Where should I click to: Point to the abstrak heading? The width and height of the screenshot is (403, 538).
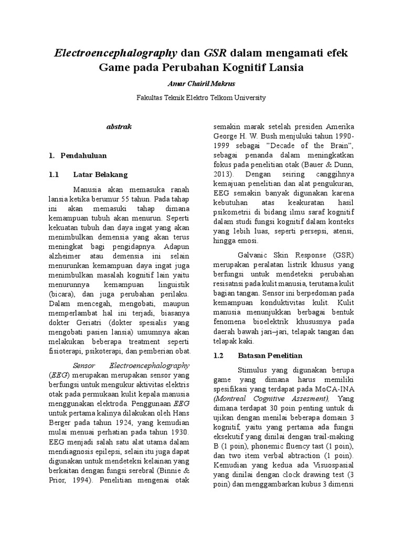click(120, 127)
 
